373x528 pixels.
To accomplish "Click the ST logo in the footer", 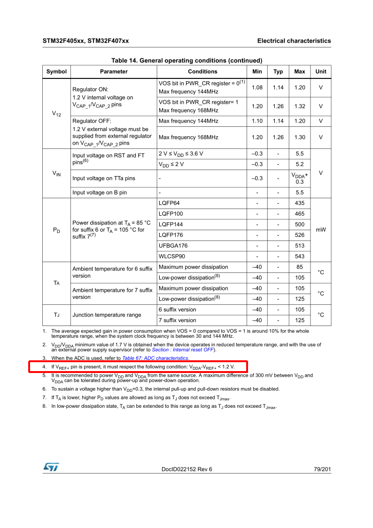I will click(x=51, y=466).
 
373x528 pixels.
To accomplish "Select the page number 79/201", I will click(x=322, y=469).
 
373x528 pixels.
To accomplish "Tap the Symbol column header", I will click(x=56, y=71).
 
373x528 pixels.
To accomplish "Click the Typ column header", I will click(x=278, y=71).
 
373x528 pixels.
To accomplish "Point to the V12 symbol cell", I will click(x=56, y=114).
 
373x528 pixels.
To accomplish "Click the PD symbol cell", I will click(x=56, y=230).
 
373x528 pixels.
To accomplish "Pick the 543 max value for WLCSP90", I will click(x=299, y=256).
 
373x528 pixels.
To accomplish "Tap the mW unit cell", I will click(x=320, y=230).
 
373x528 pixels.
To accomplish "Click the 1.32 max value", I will click(x=299, y=106).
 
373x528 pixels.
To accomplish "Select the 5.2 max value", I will click(x=299, y=164).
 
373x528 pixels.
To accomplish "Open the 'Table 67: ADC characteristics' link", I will click(x=155, y=358).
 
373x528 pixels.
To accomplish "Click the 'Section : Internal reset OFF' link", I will click(x=183, y=350).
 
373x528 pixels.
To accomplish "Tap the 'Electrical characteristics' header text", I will click(x=294, y=41).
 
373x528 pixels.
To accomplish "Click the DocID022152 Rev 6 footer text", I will click(x=186, y=469).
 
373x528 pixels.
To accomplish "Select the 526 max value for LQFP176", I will click(x=299, y=235).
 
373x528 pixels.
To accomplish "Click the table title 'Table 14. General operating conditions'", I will click(x=186, y=61).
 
